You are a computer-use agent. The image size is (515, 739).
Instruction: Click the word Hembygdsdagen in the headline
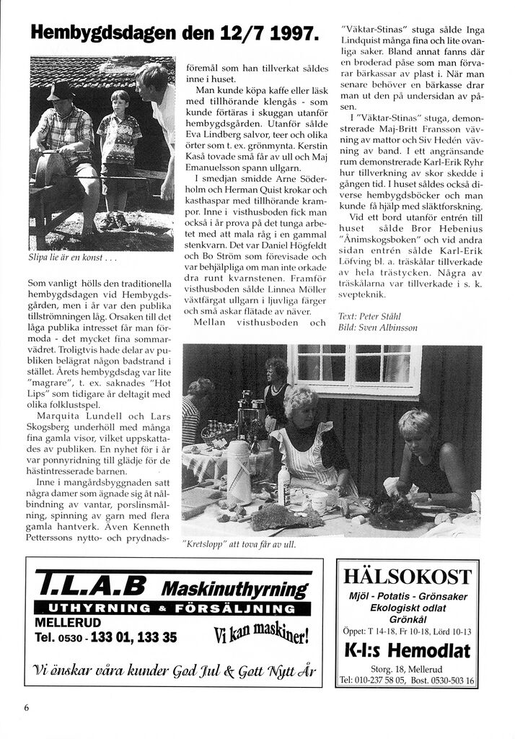click(x=92, y=32)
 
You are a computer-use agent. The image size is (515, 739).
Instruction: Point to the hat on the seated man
click(x=61, y=92)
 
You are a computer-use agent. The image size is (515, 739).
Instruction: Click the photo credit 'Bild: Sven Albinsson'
click(x=377, y=328)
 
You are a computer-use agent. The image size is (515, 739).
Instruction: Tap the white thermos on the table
click(x=239, y=471)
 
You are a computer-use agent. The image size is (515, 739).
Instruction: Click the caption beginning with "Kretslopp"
click(x=239, y=545)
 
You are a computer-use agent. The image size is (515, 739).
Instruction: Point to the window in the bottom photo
click(x=353, y=367)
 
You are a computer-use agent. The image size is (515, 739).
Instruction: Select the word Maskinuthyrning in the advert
click(x=237, y=588)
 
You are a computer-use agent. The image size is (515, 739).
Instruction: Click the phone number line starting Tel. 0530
click(x=105, y=638)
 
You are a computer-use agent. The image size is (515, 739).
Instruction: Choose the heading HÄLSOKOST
click(x=408, y=577)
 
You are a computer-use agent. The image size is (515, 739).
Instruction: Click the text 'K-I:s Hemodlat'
click(x=408, y=651)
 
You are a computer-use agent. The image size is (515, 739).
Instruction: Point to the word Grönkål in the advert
click(x=408, y=618)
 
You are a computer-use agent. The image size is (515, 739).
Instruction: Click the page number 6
click(x=27, y=707)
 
